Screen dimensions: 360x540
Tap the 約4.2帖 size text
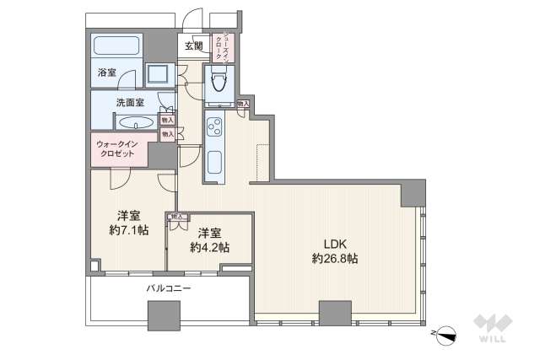(208, 247)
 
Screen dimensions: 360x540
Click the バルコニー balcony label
(168, 287)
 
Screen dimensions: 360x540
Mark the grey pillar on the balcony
(160, 317)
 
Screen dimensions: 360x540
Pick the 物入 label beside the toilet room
(243, 104)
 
